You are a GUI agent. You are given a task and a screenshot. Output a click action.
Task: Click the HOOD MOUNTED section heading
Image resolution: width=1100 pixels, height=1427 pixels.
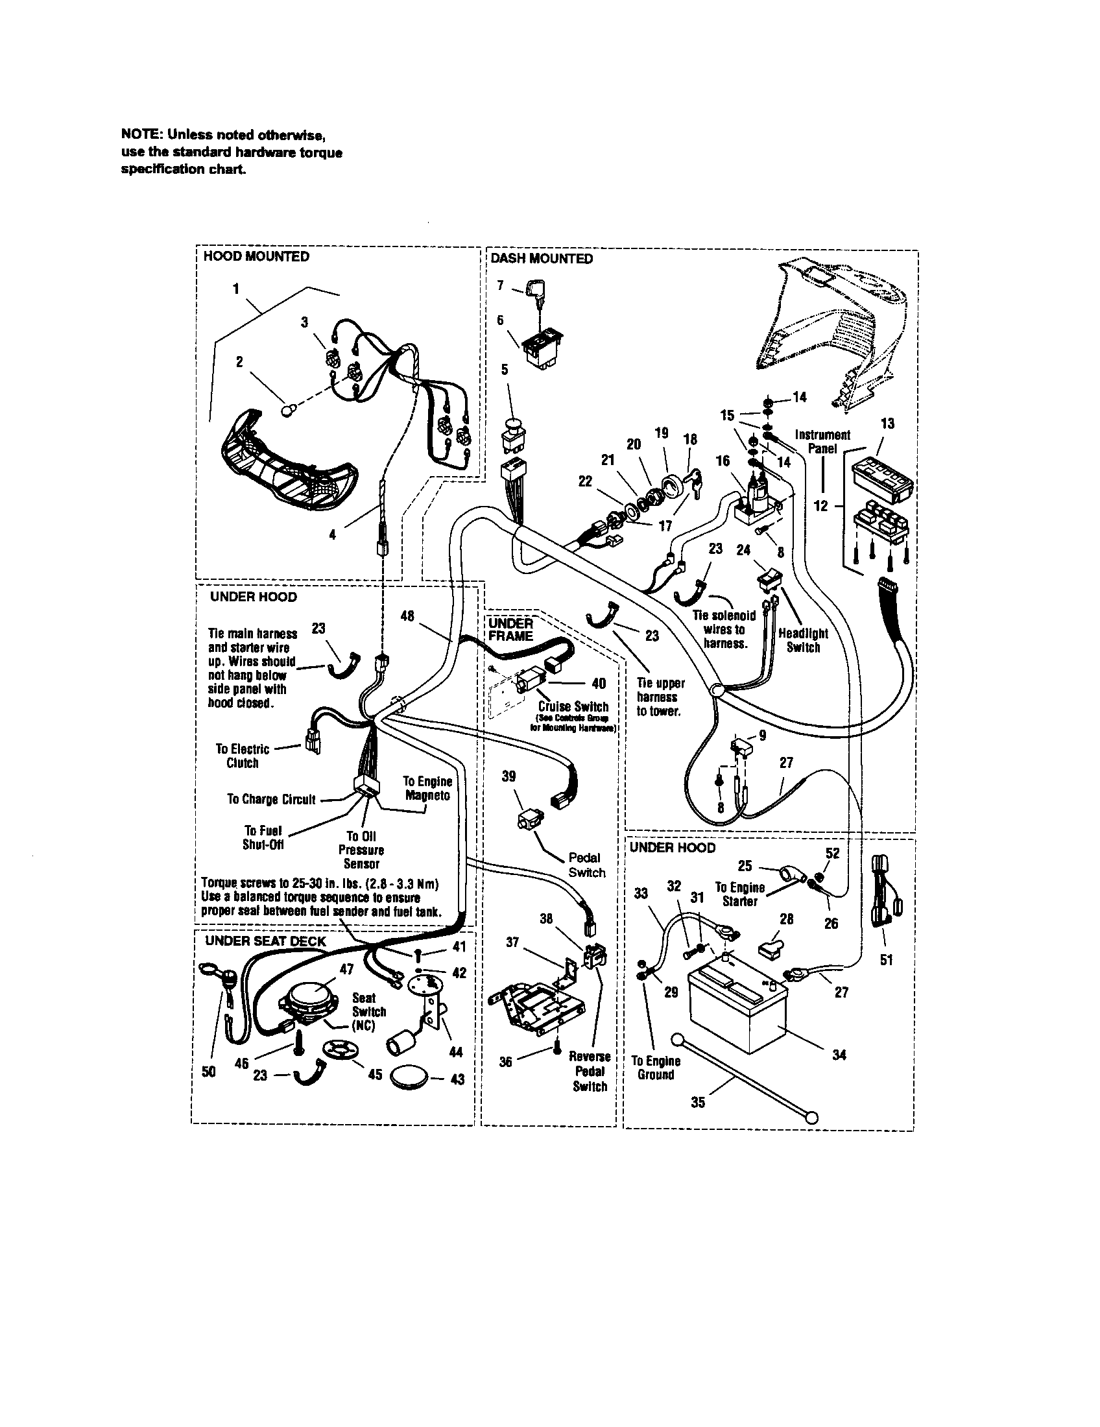coord(256,257)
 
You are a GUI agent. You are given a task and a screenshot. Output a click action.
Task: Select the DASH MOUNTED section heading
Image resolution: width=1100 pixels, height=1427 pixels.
coord(542,259)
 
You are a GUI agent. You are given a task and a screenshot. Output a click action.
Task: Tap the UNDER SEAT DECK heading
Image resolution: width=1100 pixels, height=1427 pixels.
coord(265,942)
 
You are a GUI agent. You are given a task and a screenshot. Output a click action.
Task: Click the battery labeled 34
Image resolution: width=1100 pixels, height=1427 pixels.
coord(738,1008)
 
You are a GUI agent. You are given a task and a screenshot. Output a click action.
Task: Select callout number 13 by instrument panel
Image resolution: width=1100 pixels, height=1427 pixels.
coord(887,424)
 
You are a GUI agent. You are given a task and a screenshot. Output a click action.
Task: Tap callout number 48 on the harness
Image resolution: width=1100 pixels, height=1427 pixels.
coord(407,616)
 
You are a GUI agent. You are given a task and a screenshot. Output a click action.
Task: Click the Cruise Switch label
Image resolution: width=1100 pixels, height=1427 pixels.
coord(573,707)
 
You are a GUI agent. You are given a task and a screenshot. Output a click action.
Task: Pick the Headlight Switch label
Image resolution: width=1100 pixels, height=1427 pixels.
coord(803,640)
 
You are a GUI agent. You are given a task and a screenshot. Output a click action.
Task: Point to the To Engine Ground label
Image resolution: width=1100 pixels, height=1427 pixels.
coord(656,1068)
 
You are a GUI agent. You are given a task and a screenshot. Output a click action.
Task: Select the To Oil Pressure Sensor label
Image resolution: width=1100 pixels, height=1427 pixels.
coord(361,850)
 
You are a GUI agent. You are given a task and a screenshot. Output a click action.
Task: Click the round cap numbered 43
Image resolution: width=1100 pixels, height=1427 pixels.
coord(409,1077)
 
